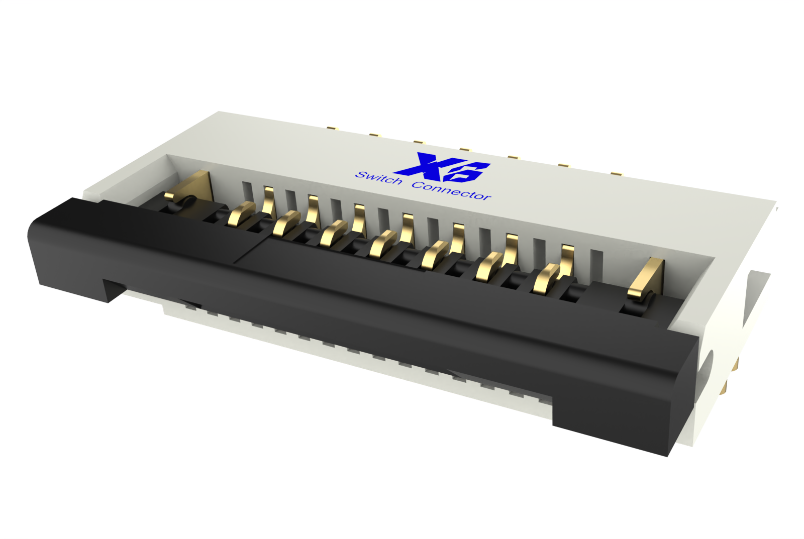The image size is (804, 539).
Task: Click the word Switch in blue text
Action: pos(379,178)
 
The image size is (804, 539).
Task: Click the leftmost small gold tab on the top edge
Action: pos(332,128)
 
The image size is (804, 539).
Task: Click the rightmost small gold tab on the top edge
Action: pos(616,174)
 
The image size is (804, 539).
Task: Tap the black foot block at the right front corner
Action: pos(613,422)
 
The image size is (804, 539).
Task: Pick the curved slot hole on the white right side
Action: pos(709,364)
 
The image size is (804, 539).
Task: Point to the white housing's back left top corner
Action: pos(221,114)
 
